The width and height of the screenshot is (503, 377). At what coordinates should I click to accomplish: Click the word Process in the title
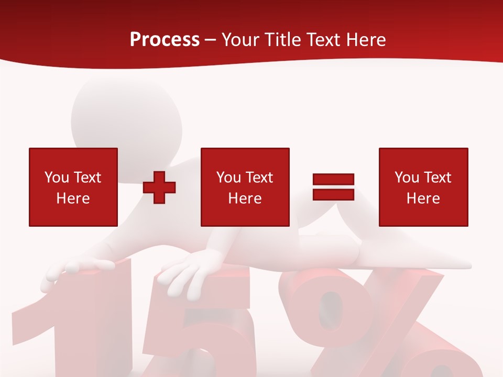coord(165,40)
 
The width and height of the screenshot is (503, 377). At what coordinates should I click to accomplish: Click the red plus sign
coord(159,187)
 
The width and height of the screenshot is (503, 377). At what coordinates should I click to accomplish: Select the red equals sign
coord(333,187)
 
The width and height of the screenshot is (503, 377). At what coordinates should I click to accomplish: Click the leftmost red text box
coord(73,187)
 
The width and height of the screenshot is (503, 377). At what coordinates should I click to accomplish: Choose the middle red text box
coord(245,187)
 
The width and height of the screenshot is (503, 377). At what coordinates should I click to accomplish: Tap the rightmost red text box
coord(423,187)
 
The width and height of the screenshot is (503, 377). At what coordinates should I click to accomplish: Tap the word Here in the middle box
coord(245,198)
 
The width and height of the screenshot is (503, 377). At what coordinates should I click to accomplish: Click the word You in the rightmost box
coord(407,178)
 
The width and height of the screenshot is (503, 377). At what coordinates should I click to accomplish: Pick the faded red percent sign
coord(367,325)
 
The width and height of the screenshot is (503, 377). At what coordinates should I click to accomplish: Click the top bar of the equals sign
coord(333,179)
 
